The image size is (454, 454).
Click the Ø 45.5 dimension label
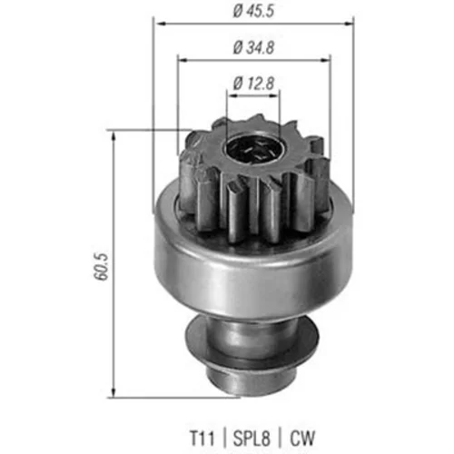(253, 11)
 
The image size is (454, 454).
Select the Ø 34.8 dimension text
(253, 48)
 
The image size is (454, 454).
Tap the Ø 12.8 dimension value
(253, 84)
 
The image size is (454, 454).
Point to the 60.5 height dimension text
(100, 267)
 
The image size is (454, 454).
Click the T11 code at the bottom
(202, 438)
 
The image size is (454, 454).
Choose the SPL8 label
(252, 438)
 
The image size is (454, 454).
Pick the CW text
(302, 438)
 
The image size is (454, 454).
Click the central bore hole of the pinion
(252, 150)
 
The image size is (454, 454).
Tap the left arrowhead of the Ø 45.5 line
(160, 24)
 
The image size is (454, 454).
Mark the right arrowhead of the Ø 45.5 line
(348, 24)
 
